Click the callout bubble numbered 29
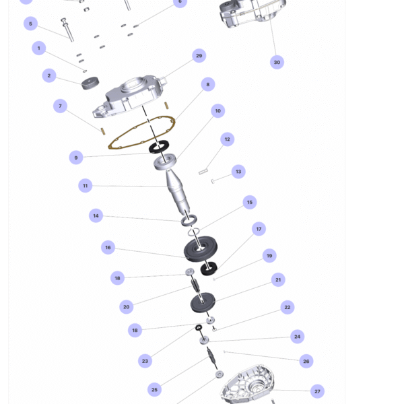pyautogui.click(x=199, y=56)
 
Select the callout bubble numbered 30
pyautogui.click(x=277, y=62)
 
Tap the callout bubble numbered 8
pyautogui.click(x=208, y=84)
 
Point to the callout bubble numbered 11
pyautogui.click(x=86, y=186)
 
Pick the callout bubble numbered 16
pyautogui.click(x=108, y=247)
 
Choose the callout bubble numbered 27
pyautogui.click(x=317, y=391)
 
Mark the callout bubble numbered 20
pyautogui.click(x=127, y=307)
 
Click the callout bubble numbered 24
pyautogui.click(x=298, y=337)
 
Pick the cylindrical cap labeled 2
pyautogui.click(x=90, y=83)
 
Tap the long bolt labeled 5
pyautogui.click(x=68, y=30)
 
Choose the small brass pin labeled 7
pyautogui.click(x=103, y=131)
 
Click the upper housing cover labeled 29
pyautogui.click(x=130, y=96)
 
